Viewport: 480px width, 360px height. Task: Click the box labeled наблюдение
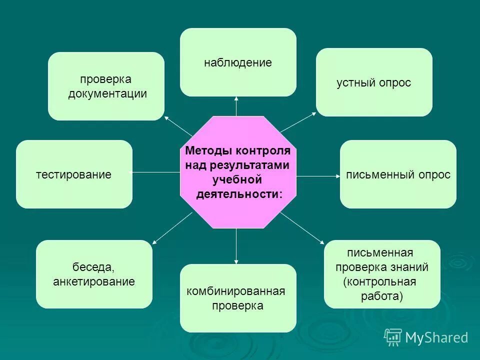pos(238,62)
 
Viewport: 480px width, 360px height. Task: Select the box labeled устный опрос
pos(374,82)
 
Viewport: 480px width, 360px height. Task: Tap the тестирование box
pos(74,174)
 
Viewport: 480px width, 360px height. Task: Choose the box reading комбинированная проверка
pos(238,298)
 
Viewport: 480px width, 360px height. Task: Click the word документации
pos(107,94)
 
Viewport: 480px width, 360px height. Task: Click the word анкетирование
pos(94,281)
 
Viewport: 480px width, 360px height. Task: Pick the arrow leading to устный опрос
pos(298,122)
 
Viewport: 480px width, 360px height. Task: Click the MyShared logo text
pos(436,337)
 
